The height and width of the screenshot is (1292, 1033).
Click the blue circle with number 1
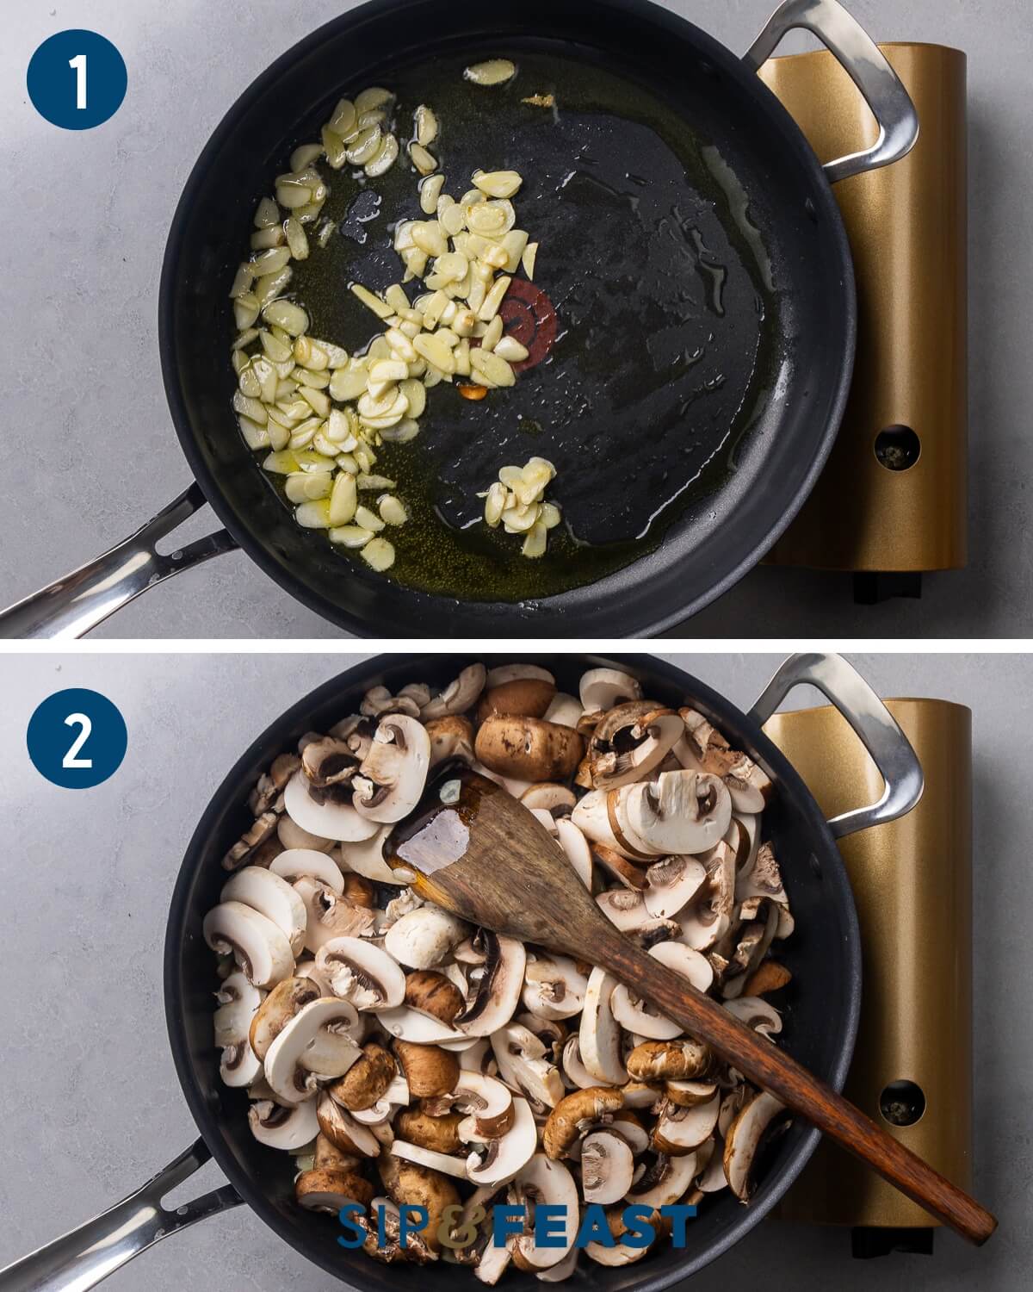pyautogui.click(x=77, y=79)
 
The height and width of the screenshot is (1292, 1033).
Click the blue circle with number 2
pyautogui.click(x=77, y=738)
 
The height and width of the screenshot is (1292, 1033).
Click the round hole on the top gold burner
pyautogui.click(x=897, y=447)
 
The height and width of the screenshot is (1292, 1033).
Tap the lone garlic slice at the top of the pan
pyautogui.click(x=489, y=72)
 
